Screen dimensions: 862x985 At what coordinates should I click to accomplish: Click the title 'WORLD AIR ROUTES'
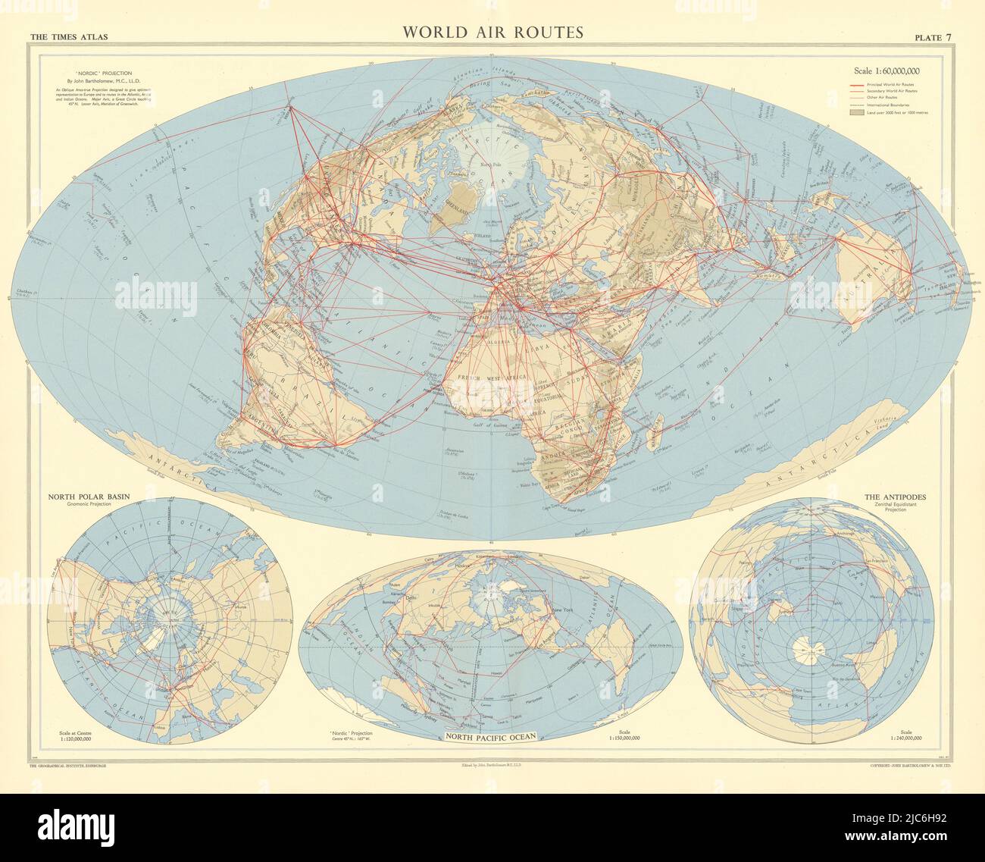coord(492,32)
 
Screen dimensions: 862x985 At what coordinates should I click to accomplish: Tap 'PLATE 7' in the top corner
coord(934,36)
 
